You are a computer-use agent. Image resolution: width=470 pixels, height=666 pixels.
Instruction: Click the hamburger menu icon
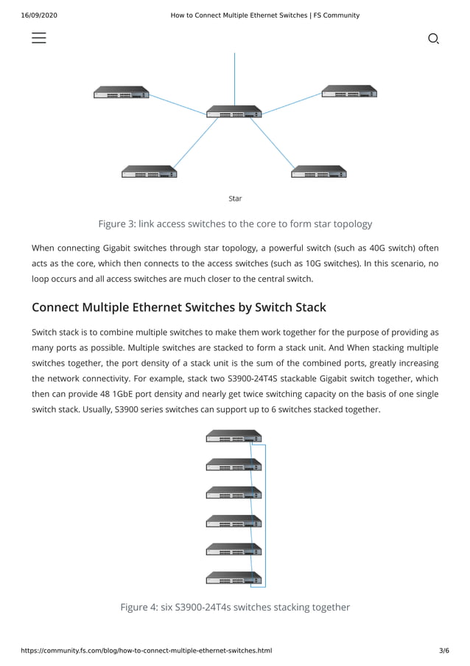(39, 38)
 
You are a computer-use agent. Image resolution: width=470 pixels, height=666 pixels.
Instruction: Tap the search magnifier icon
(433, 38)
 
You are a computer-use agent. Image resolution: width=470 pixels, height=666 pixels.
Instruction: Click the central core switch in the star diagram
(234, 111)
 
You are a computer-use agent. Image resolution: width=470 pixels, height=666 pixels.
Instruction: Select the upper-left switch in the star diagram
(122, 92)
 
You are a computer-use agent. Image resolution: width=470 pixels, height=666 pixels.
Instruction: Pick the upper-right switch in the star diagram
(349, 91)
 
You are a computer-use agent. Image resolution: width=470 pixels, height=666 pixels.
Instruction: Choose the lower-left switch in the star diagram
(150, 172)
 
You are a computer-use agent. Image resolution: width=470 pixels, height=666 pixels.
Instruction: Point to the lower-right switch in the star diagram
(319, 172)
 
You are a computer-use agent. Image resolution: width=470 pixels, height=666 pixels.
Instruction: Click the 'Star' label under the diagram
(235, 198)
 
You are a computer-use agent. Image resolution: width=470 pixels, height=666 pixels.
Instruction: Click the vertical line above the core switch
(234, 77)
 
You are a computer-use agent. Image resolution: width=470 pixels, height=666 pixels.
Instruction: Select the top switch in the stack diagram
(234, 437)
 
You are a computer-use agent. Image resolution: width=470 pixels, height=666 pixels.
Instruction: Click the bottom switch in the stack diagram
(234, 578)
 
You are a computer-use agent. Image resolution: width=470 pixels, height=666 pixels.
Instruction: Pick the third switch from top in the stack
(234, 493)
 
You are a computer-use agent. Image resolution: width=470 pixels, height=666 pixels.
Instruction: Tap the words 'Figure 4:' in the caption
(138, 607)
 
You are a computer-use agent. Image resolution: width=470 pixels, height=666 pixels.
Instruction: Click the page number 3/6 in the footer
(443, 651)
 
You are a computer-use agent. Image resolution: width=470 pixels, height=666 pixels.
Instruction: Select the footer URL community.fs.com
(147, 651)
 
